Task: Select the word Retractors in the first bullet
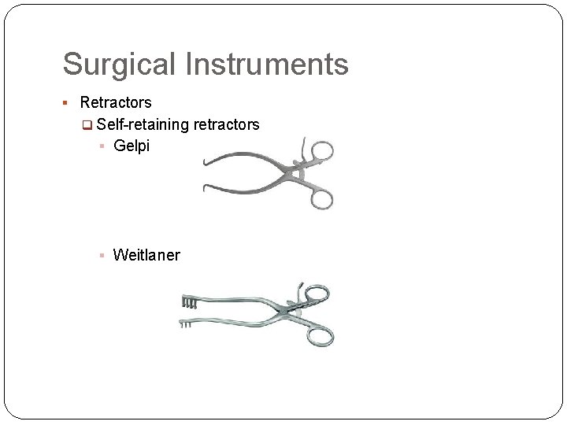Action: click(x=116, y=102)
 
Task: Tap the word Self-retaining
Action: click(x=143, y=124)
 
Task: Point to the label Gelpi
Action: click(x=132, y=146)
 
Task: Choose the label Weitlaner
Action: click(x=146, y=254)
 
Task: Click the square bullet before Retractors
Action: click(x=68, y=103)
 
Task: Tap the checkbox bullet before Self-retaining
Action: click(x=87, y=125)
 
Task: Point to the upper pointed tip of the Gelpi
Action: click(x=205, y=164)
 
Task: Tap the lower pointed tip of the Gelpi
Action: click(x=205, y=187)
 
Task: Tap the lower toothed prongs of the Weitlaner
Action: click(x=188, y=323)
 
